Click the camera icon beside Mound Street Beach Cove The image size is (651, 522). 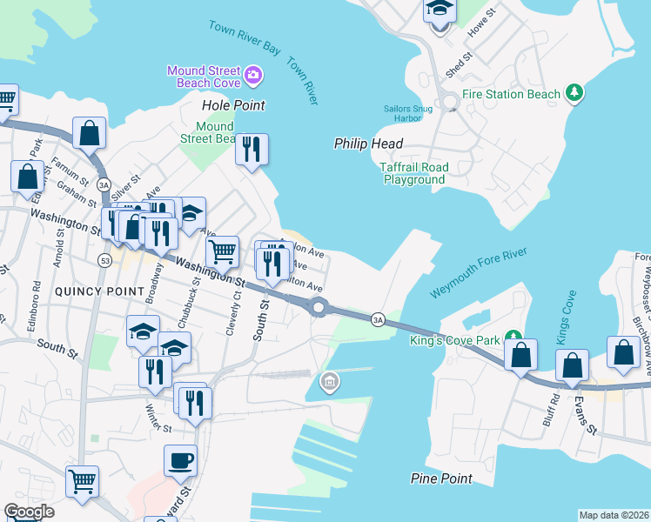253,76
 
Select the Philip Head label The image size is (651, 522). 368,144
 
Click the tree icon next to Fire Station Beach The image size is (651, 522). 574,92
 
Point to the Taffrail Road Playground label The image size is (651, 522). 413,173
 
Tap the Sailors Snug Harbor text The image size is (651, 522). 408,113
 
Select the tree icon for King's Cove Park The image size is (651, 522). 513,337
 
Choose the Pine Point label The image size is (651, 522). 441,478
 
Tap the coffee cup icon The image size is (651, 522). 181,459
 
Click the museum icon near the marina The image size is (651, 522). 330,380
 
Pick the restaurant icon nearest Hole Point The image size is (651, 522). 252,148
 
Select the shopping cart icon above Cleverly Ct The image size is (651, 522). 223,251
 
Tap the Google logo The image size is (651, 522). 29,512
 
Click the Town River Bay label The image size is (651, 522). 245,37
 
